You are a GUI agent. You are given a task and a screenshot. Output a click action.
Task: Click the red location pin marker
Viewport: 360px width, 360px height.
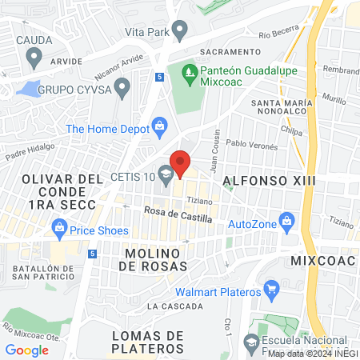pyautogui.click(x=181, y=162)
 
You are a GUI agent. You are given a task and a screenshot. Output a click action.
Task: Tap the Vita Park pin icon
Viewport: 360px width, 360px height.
pyautogui.click(x=179, y=32)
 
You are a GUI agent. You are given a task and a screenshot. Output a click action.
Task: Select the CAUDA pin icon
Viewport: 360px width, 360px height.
pyautogui.click(x=34, y=58)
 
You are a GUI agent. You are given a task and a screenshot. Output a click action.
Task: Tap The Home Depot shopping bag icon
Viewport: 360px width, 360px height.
pyautogui.click(x=160, y=126)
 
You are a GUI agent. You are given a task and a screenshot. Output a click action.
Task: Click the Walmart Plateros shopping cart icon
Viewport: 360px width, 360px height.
pyautogui.click(x=270, y=288)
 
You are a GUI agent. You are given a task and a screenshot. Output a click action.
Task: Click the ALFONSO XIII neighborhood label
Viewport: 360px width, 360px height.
pyautogui.click(x=268, y=181)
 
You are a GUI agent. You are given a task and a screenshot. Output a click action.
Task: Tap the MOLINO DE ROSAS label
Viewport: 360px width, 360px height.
pyautogui.click(x=156, y=258)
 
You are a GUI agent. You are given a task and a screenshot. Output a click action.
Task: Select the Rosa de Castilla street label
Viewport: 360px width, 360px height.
pyautogui.click(x=178, y=212)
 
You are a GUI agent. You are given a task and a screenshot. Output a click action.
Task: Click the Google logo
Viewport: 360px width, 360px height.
pyautogui.click(x=26, y=350)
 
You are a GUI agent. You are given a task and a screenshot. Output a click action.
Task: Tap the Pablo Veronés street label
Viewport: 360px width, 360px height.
pyautogui.click(x=252, y=146)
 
